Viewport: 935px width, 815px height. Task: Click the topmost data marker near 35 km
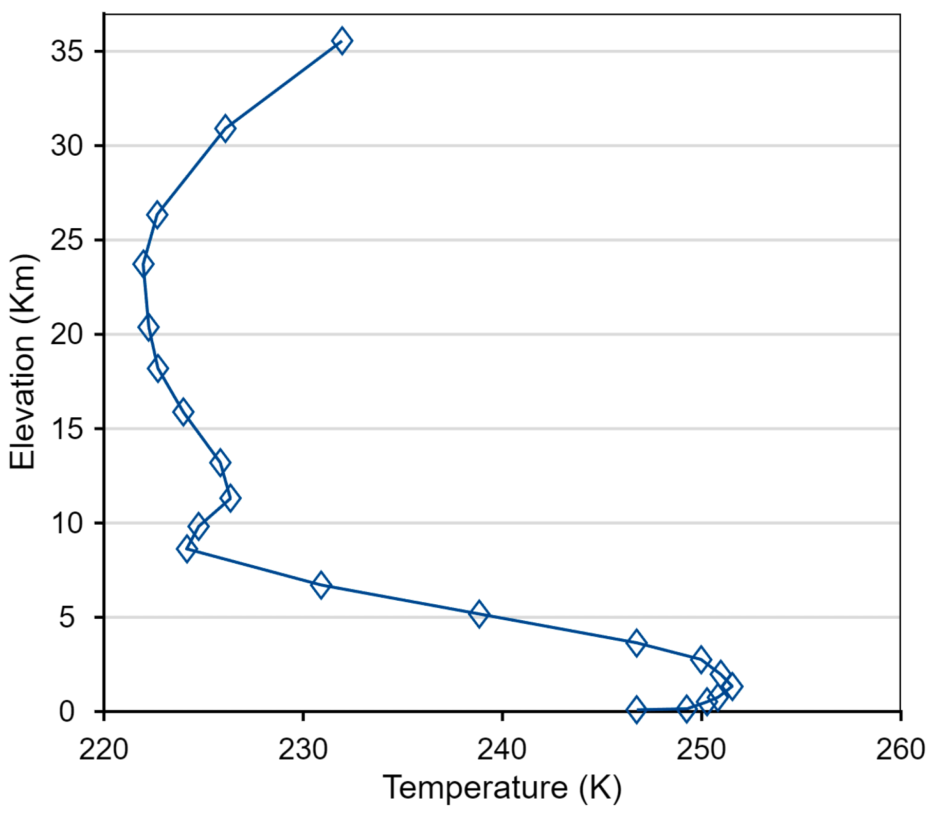(342, 41)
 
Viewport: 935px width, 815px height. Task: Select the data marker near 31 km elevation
(225, 128)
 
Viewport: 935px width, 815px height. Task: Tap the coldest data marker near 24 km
(143, 265)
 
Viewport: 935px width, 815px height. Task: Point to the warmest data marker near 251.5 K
(732, 686)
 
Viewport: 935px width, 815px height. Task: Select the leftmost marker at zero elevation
(637, 710)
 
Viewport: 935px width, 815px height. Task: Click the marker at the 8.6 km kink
(187, 549)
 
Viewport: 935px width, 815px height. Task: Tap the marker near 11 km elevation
(230, 497)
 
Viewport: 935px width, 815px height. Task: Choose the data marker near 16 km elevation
(183, 412)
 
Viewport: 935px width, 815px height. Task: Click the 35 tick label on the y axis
(67, 51)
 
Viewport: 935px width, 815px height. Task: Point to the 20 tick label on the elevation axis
(67, 335)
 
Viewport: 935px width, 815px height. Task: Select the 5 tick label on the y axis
(67, 617)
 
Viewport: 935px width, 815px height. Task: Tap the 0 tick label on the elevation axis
(67, 712)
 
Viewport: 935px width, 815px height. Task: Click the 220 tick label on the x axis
(104, 749)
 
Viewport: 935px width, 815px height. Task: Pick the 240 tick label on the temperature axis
(502, 749)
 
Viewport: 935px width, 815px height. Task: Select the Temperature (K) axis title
(502, 787)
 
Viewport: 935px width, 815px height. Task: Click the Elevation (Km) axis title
(23, 361)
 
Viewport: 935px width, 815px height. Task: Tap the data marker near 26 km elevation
(157, 215)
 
